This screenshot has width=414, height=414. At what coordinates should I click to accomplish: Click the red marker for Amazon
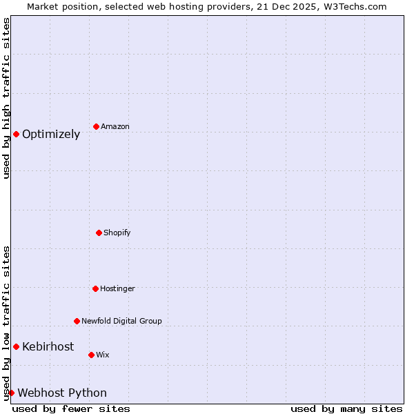click(x=96, y=126)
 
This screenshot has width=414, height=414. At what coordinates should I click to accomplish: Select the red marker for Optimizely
click(x=16, y=134)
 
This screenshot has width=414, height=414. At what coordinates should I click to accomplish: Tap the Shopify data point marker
click(x=99, y=233)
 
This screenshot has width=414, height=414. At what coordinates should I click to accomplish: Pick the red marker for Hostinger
click(x=95, y=288)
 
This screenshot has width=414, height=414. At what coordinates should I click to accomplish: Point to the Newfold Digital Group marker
click(x=77, y=321)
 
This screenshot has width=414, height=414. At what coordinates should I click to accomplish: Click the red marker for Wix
click(x=91, y=355)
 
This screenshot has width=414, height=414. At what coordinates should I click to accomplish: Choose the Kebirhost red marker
click(x=16, y=346)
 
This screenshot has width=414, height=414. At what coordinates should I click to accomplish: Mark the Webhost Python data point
click(x=11, y=393)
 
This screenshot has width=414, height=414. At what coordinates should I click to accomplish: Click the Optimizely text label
click(x=51, y=135)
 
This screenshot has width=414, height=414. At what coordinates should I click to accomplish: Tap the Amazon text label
click(x=115, y=127)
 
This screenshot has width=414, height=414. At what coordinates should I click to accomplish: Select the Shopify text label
click(x=117, y=233)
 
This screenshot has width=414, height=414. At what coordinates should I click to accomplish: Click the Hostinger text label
click(x=117, y=289)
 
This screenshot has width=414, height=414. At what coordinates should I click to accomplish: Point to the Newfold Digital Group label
click(x=121, y=322)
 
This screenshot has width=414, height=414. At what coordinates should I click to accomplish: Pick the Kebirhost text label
click(x=48, y=347)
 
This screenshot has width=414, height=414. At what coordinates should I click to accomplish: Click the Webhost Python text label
click(x=62, y=393)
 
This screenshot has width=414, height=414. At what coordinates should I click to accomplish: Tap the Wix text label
click(x=103, y=355)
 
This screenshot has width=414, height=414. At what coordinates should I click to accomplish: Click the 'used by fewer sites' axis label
click(x=71, y=408)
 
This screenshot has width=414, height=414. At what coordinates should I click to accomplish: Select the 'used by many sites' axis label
click(x=346, y=408)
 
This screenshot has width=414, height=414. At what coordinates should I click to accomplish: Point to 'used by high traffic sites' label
click(x=6, y=98)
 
